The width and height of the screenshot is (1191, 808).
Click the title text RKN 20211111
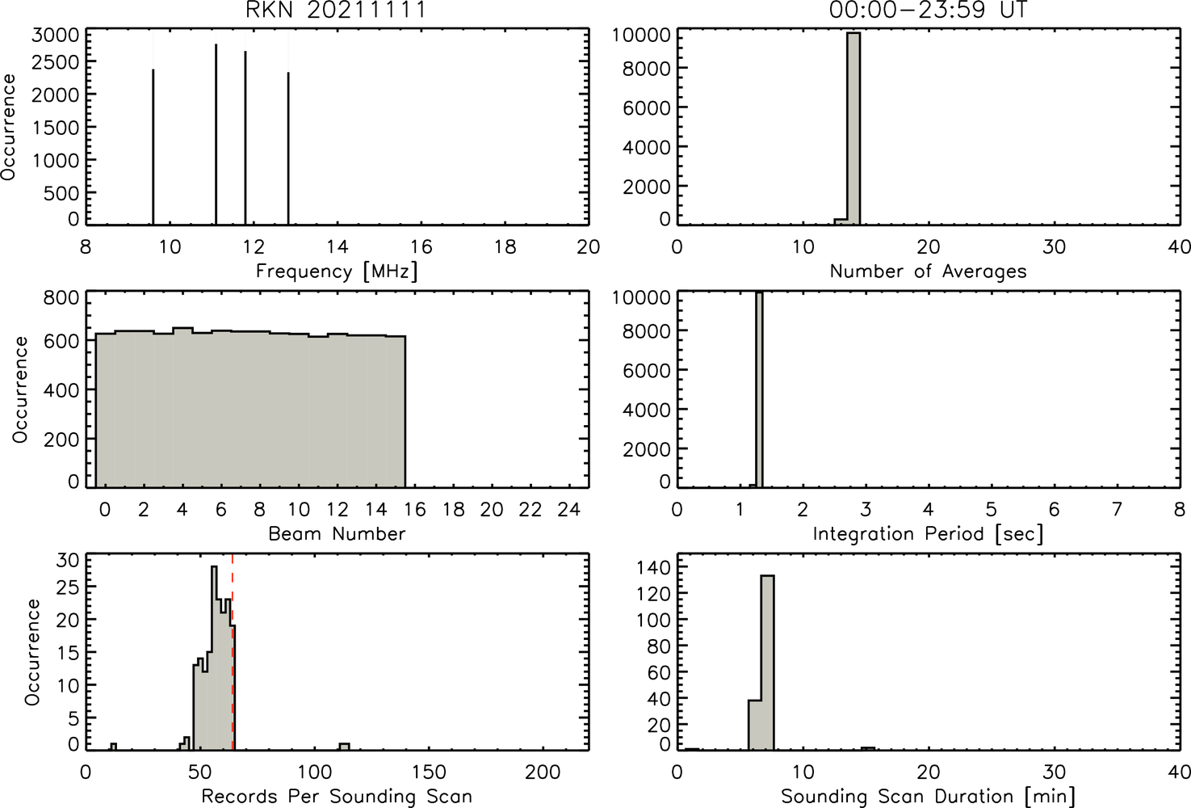click(x=335, y=10)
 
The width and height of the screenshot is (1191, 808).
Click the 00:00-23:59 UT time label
click(x=929, y=10)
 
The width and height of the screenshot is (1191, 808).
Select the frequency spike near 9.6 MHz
click(x=153, y=147)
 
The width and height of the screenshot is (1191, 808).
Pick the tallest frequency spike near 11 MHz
click(x=216, y=134)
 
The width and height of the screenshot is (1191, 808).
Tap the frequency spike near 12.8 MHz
click(x=288, y=149)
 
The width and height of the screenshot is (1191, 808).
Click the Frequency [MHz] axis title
click(x=337, y=271)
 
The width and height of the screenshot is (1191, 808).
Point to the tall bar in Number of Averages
click(x=853, y=128)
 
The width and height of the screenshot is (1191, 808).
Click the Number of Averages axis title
click(x=928, y=271)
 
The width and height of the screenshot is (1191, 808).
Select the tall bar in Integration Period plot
click(x=759, y=389)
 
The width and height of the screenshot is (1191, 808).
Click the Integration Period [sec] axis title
click(x=928, y=534)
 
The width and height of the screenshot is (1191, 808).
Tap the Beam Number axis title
click(x=337, y=533)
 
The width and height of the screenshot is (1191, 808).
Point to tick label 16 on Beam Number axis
click(x=415, y=510)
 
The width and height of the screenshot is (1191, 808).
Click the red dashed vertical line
click(x=233, y=652)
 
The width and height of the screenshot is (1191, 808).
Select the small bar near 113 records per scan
click(x=344, y=747)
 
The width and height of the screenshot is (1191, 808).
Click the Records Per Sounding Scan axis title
click(x=337, y=797)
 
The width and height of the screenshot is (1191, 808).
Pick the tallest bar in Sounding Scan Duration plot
click(x=768, y=663)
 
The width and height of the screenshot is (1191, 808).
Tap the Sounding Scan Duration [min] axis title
click(x=928, y=797)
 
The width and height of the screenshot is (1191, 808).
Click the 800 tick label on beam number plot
click(x=61, y=297)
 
